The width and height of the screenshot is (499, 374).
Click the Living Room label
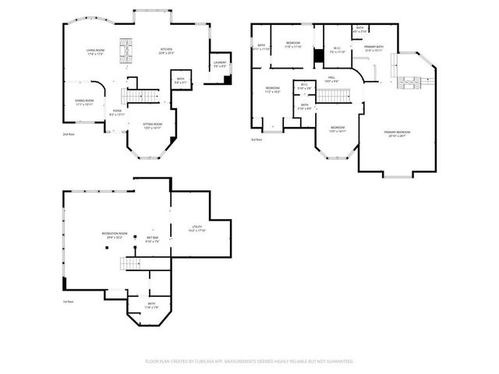coord(95,51)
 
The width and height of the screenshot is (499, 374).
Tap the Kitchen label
coord(166,51)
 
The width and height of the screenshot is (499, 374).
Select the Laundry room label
coord(219,64)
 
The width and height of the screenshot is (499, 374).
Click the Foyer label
coord(117,112)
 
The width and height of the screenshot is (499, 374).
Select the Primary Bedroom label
coord(396,133)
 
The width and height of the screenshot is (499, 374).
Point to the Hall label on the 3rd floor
coord(331,79)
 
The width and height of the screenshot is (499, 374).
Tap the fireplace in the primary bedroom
coord(410,81)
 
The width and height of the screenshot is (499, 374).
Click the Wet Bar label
coord(153,239)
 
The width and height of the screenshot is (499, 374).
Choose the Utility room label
coord(197,229)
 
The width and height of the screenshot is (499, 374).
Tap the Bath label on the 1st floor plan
coord(151,305)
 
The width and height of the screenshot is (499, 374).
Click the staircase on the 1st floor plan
coord(133,266)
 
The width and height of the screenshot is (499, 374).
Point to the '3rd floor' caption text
coord(257,139)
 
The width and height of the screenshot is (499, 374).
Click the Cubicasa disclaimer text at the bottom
coord(249,362)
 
